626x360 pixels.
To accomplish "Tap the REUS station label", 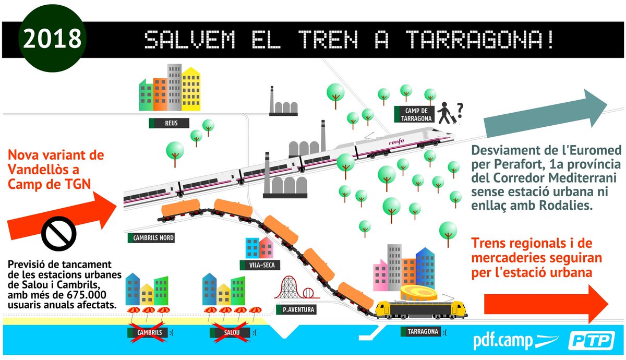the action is click(x=168, y=123).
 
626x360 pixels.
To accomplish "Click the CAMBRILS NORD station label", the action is click(x=151, y=238).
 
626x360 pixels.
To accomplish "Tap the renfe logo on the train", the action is click(x=396, y=141).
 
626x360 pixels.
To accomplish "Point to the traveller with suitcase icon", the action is click(x=446, y=113).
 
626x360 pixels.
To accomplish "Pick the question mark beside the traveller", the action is click(x=460, y=110).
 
